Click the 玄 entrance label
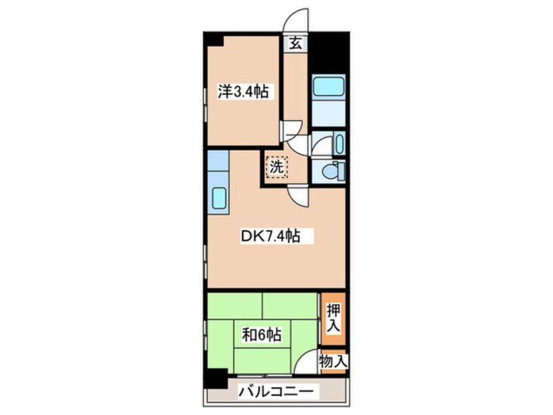[295, 44]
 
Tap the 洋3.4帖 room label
[242, 92]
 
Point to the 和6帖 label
[261, 336]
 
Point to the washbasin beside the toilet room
[339, 142]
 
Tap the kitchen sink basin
[219, 197]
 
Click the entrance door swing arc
[297, 20]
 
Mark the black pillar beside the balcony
[214, 378]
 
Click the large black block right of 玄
[327, 52]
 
